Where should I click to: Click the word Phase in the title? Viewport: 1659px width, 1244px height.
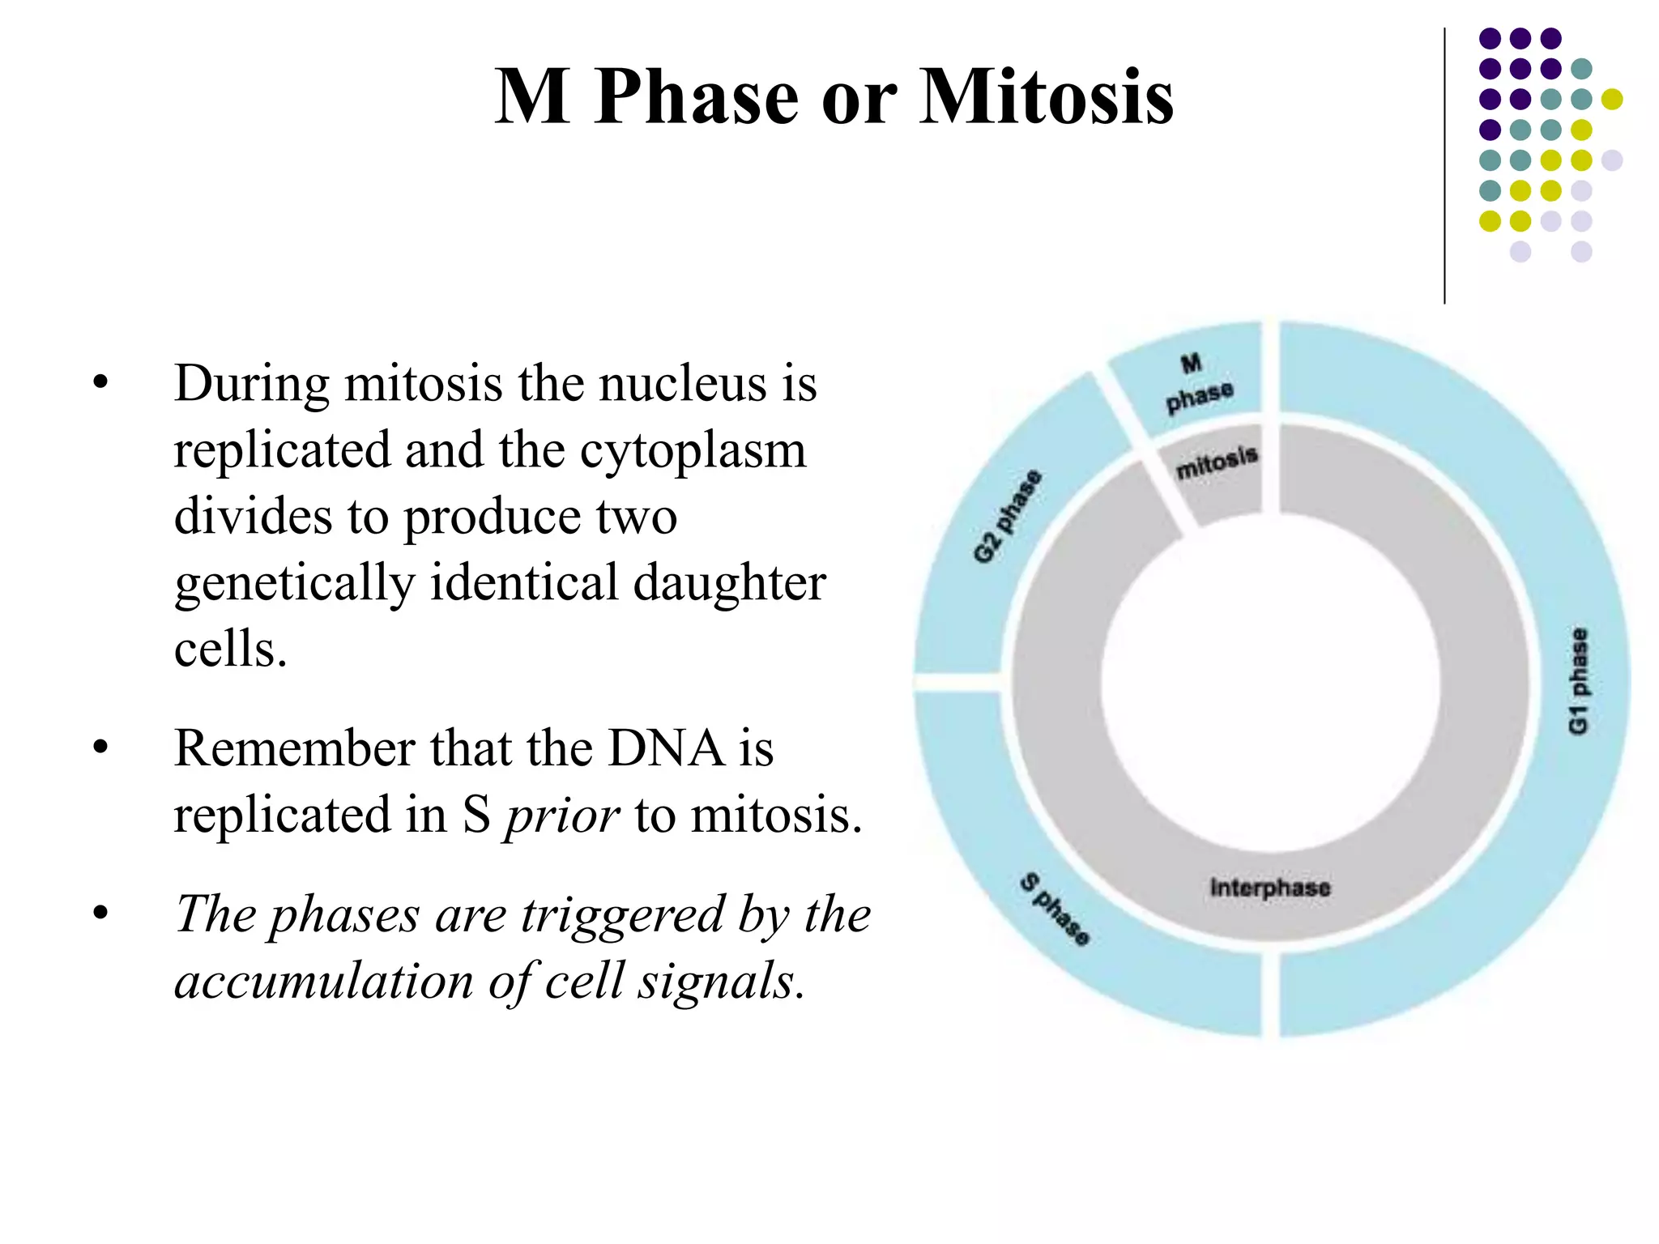[x=697, y=97]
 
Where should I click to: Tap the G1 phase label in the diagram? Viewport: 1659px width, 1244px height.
[x=1578, y=680]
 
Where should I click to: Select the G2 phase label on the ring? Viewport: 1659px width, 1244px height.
[x=1007, y=516]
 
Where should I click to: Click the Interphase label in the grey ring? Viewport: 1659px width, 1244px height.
[x=1269, y=888]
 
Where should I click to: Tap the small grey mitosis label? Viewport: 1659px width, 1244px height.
[x=1217, y=462]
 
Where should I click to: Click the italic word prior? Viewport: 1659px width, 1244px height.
[x=562, y=816]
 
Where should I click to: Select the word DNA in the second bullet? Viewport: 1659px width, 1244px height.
[x=666, y=748]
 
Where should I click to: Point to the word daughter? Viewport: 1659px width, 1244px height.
[x=729, y=583]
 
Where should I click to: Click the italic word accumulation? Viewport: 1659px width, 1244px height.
[x=324, y=982]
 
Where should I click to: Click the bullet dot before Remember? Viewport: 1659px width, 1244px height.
[x=100, y=748]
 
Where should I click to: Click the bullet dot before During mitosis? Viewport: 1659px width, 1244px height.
[x=100, y=383]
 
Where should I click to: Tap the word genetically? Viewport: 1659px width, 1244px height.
[x=294, y=583]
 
